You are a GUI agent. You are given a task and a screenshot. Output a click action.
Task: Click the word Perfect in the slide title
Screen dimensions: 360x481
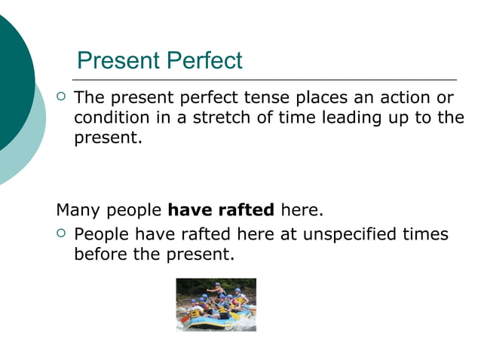click(x=205, y=60)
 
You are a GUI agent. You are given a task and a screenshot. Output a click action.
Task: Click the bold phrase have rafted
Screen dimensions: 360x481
click(x=220, y=209)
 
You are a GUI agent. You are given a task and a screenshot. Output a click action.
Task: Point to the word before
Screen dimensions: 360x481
click(x=101, y=255)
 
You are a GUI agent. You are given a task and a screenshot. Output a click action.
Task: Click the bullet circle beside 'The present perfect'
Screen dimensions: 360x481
click(x=62, y=97)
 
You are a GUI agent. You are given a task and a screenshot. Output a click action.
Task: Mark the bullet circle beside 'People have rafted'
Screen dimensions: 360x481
click(x=62, y=233)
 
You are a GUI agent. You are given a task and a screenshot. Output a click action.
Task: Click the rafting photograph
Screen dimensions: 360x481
click(x=216, y=304)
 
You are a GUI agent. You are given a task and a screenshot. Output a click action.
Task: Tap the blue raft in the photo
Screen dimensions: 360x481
click(x=215, y=322)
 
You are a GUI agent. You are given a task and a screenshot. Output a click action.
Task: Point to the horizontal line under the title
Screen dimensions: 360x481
click(x=264, y=79)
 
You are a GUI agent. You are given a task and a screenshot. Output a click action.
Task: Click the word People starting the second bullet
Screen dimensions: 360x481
click(x=100, y=234)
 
